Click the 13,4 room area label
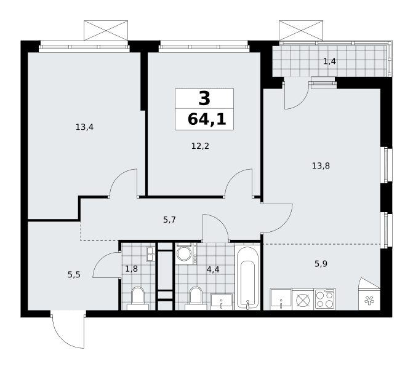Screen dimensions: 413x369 click(84, 127)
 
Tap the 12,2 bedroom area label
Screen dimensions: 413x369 click(200, 146)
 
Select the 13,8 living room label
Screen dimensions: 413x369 click(321, 166)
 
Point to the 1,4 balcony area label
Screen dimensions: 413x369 click(329, 61)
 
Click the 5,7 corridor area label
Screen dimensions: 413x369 click(169, 220)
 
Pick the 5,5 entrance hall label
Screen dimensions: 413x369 click(74, 275)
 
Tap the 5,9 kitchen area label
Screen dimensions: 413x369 click(321, 263)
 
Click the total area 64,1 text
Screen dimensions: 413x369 click(207, 119)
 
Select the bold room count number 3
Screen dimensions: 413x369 click(204, 98)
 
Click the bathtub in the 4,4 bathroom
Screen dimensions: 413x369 click(247, 277)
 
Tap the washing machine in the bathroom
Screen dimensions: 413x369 click(185, 253)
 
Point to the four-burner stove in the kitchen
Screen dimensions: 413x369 click(325, 300)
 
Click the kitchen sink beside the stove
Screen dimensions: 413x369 click(281, 300)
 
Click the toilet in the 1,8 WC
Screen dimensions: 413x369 click(138, 298)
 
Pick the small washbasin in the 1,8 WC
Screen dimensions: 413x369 click(151, 254)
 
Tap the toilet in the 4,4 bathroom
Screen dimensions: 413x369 click(196, 298)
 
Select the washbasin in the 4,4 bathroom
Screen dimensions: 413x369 click(221, 302)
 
